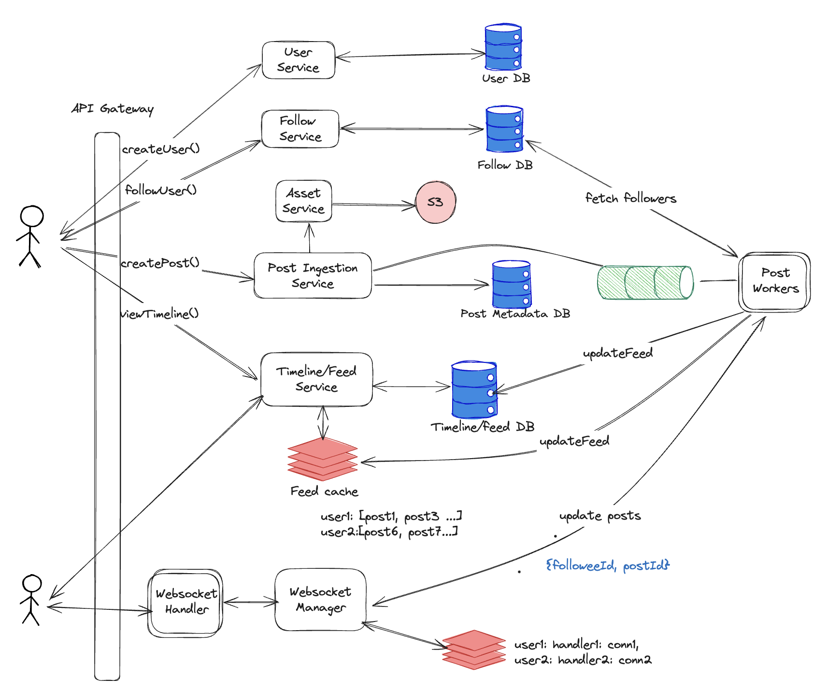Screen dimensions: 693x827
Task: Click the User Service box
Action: (298, 60)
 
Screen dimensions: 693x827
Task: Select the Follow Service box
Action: (300, 129)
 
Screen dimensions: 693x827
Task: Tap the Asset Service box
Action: (304, 201)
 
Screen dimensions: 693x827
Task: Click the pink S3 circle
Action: (435, 202)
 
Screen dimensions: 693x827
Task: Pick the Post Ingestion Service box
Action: (313, 275)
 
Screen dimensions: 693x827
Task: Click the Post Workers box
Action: (774, 282)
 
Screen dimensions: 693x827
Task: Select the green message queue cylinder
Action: (645, 282)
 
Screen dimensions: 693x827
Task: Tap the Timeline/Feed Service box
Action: (316, 379)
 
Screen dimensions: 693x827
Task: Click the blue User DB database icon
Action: (503, 47)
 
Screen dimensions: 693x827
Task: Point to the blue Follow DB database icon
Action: (504, 129)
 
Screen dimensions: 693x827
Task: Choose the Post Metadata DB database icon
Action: (512, 285)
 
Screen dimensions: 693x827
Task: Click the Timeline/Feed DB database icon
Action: (474, 390)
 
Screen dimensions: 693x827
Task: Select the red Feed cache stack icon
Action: (323, 459)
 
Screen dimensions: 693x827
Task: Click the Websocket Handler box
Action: (185, 603)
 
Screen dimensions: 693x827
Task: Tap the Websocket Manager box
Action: (320, 600)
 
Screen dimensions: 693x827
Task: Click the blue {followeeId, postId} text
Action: (608, 565)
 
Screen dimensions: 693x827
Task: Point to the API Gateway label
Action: (113, 109)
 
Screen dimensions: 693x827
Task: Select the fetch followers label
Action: (630, 198)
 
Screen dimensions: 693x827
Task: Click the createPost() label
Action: (160, 263)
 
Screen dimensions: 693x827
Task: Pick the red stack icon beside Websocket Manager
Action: (473, 650)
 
